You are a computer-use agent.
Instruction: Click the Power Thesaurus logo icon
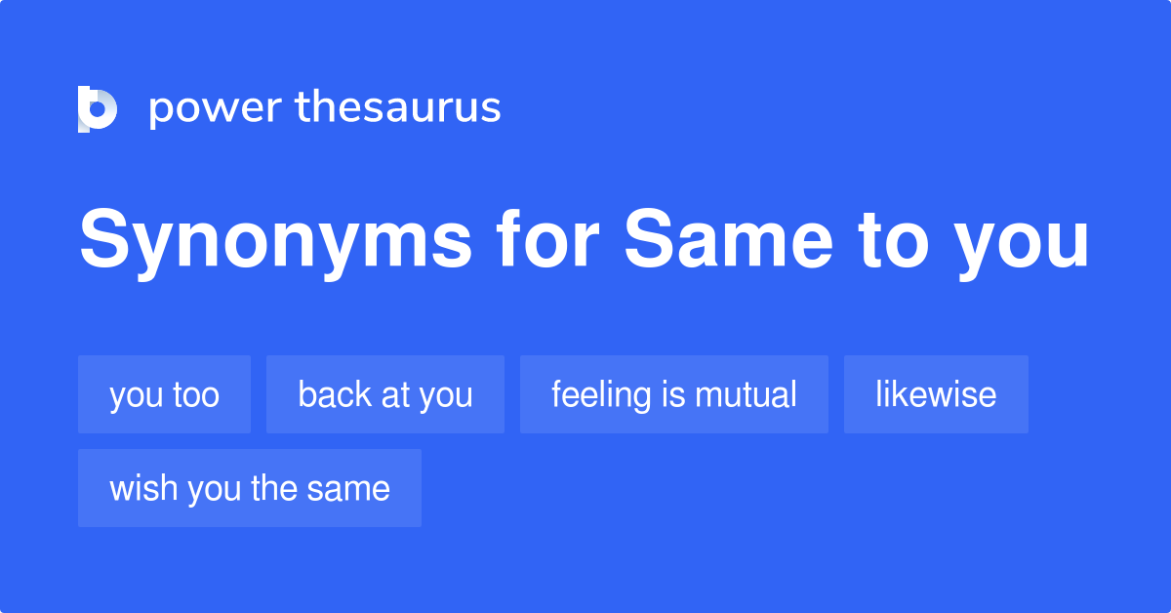pos(98,108)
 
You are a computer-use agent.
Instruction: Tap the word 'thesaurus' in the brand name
pos(398,106)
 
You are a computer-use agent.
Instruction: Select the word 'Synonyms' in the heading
pos(275,242)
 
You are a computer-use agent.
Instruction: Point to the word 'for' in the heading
pos(547,238)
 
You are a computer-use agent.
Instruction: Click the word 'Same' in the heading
pos(728,238)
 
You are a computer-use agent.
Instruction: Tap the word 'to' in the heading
pos(894,240)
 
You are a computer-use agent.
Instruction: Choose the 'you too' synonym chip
pos(164,394)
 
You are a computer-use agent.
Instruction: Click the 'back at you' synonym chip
pos(385,394)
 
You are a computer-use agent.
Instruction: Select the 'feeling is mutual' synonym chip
pos(674,394)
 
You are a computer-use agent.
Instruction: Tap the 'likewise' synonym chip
pos(936,394)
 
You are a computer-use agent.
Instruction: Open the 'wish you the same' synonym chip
pos(250,488)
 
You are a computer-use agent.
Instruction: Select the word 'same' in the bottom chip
pos(348,490)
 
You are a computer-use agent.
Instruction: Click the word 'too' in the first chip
pos(196,395)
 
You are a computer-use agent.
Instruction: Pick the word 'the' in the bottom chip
pos(273,487)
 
